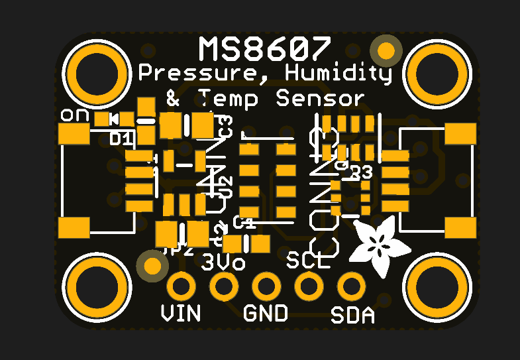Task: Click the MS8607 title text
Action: (x=264, y=49)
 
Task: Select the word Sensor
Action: (x=320, y=99)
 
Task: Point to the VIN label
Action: (x=181, y=312)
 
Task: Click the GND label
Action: (x=266, y=312)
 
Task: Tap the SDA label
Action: (x=352, y=315)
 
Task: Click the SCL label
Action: (x=308, y=261)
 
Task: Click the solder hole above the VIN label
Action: (x=181, y=287)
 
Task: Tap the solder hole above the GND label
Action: (x=266, y=287)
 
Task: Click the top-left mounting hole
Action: (x=97, y=72)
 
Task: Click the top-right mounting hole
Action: (x=437, y=72)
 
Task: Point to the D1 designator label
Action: (x=121, y=139)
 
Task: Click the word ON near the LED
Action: (x=74, y=115)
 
